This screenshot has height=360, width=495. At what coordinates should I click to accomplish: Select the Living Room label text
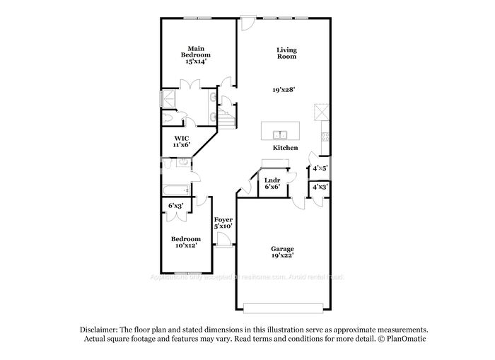[286, 54]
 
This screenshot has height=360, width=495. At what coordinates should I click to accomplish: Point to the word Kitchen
[285, 148]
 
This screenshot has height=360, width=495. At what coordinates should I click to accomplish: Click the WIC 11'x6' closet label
[182, 141]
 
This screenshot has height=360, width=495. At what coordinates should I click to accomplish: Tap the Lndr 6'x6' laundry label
[272, 185]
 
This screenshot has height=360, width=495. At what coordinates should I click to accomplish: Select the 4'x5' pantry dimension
[320, 168]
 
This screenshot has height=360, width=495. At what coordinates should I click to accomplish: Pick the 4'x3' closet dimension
[320, 187]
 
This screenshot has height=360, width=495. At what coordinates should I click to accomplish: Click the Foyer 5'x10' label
[223, 223]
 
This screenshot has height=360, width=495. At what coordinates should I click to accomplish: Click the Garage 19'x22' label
[282, 252]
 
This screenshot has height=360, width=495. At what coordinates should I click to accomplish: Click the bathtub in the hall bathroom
[175, 190]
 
